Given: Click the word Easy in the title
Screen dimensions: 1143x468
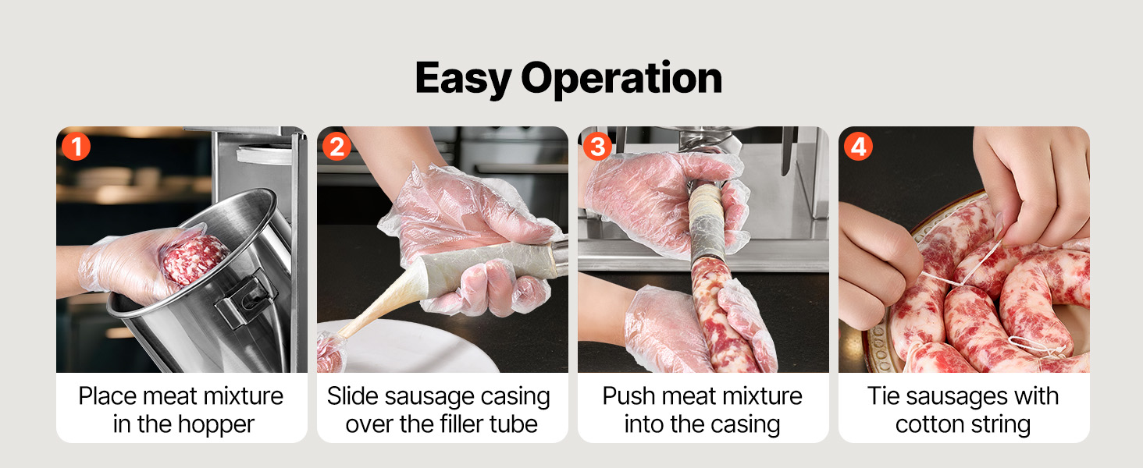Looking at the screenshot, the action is [463, 78].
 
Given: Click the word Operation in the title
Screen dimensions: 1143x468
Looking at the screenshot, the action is [621, 78].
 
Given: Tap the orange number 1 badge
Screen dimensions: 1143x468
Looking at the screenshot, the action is [76, 147].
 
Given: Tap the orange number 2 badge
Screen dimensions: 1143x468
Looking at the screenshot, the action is [336, 147].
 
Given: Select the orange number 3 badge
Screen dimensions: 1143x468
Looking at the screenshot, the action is [597, 147].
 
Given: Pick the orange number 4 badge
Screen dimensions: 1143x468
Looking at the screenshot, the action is [858, 147].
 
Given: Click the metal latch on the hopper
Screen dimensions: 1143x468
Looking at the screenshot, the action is [245, 301].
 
